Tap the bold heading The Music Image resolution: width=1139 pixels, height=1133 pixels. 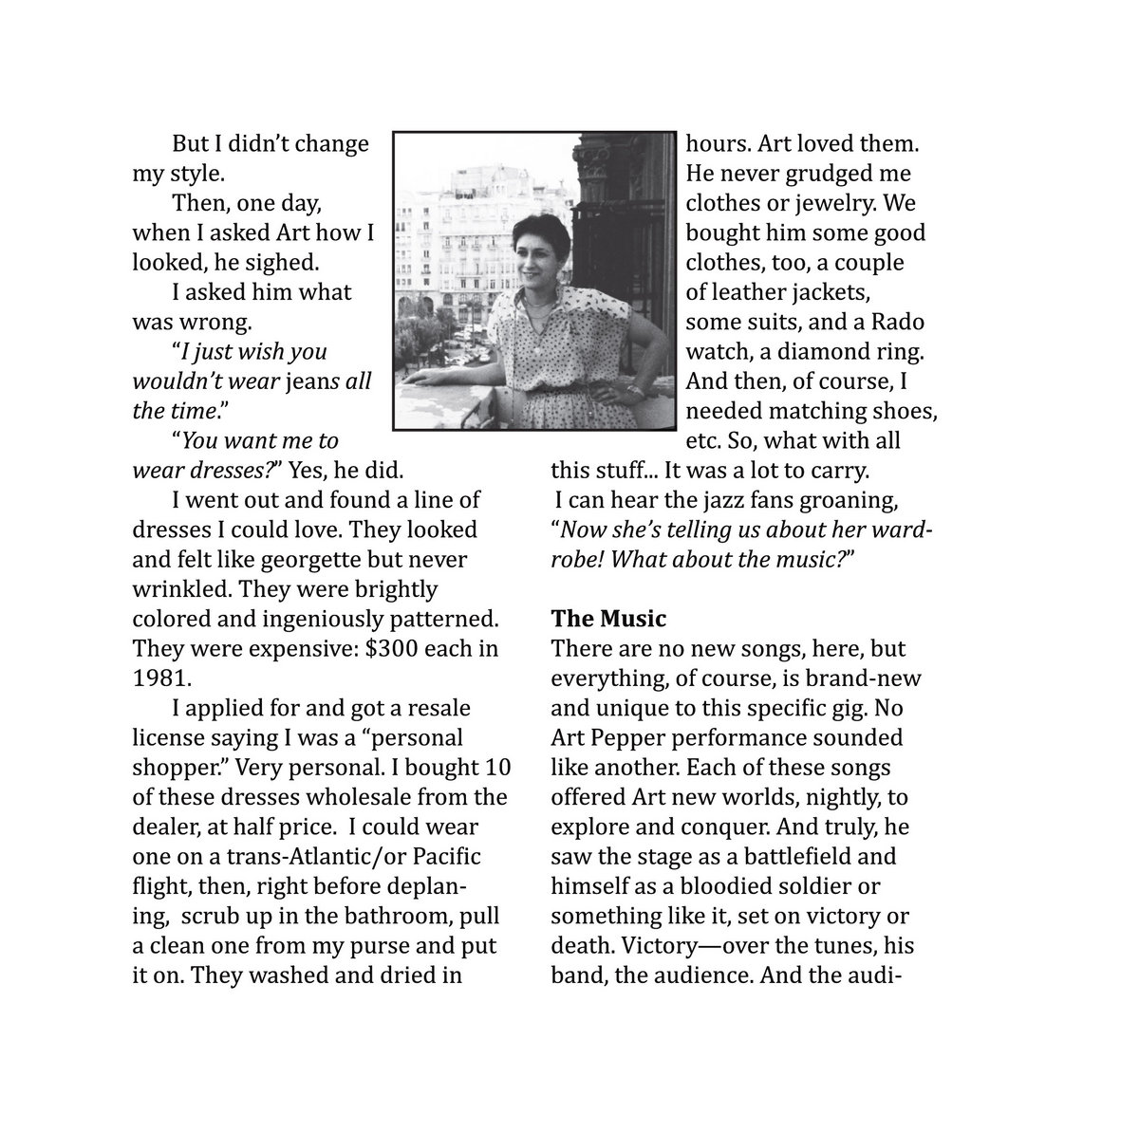pyautogui.click(x=608, y=620)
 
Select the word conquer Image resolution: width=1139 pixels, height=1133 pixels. pyautogui.click(x=694, y=827)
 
